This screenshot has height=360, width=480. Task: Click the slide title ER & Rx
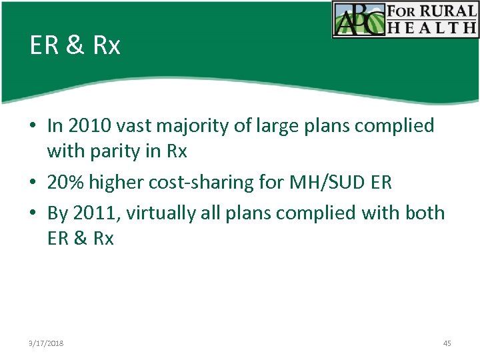75,45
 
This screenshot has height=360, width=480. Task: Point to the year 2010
87,125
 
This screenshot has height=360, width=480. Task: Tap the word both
424,213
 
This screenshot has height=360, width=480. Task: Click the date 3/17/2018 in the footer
46,343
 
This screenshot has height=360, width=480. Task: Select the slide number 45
447,343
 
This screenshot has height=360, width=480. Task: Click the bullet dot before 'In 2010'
33,126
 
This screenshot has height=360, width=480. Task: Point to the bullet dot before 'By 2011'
33,213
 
